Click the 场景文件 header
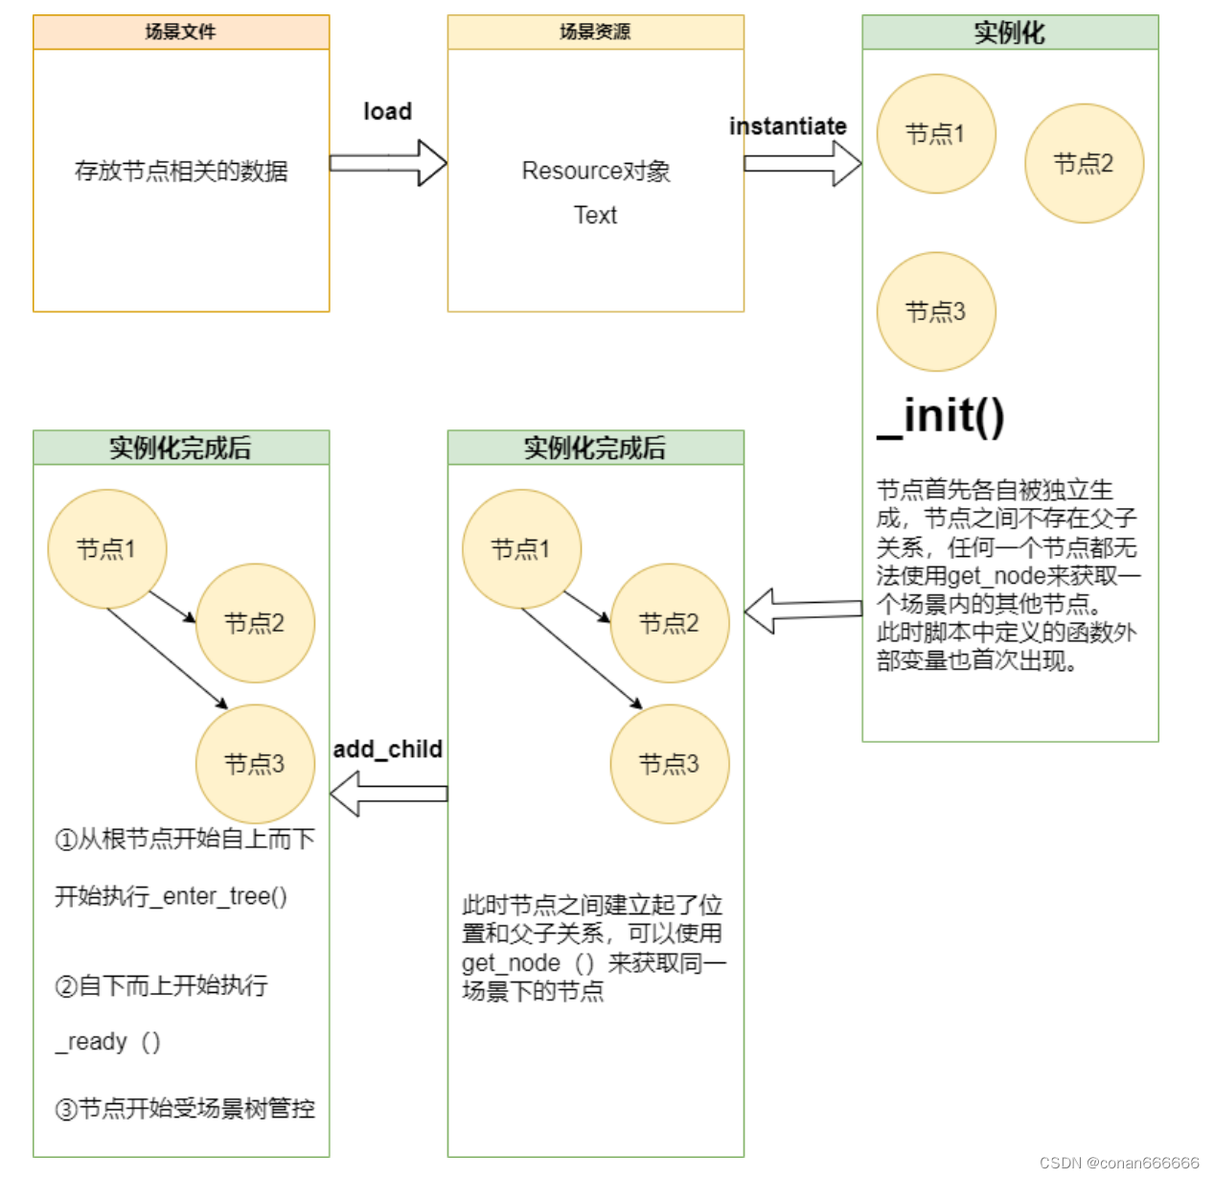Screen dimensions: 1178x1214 pos(180,32)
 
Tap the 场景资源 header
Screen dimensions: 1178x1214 pos(595,32)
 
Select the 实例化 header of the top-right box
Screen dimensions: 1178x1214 pos(1009,33)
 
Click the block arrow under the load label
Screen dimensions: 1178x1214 pos(388,163)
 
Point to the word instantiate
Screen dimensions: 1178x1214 pos(788,127)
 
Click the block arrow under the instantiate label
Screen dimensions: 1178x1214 pos(803,163)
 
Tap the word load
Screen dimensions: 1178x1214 pos(387,111)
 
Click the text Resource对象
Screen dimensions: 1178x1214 pos(595,171)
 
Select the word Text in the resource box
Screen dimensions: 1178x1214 pos(595,215)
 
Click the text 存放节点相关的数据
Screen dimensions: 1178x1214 pos(181,172)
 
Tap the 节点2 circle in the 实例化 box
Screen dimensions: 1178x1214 pos(1084,164)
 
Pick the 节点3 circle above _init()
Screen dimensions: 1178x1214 pos(935,312)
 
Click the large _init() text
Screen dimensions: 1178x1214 pos(941,417)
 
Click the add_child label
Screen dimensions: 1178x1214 pos(388,749)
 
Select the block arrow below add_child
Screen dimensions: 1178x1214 pos(388,794)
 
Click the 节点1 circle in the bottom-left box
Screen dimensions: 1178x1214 pos(106,549)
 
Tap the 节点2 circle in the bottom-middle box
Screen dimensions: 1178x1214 pos(669,623)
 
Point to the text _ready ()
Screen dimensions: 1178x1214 pos(107,1041)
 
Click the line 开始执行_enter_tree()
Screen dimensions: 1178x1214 pos(171,896)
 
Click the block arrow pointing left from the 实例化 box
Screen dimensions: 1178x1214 pos(803,611)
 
